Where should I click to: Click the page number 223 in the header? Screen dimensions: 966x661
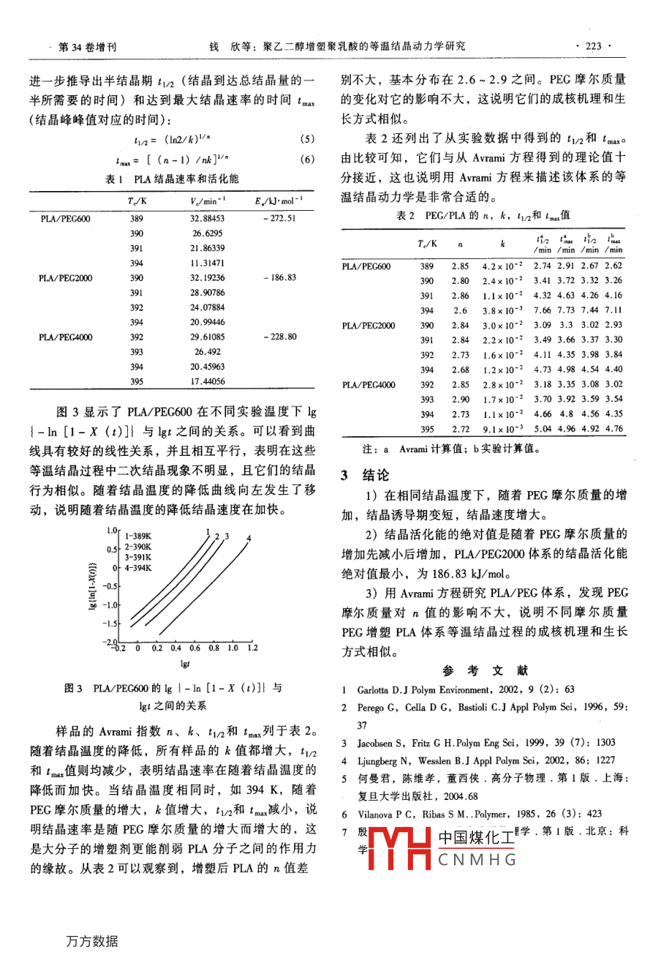point(593,46)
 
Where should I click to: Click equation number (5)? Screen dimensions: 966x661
point(307,139)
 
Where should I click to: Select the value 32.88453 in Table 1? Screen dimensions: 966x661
point(207,218)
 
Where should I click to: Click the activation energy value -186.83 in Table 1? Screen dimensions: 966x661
point(279,278)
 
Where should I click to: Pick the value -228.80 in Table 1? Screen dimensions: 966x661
point(279,337)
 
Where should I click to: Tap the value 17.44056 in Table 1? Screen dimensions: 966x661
point(207,381)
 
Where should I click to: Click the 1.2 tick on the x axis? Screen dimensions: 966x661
point(252,648)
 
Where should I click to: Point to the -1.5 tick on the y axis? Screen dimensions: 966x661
point(110,624)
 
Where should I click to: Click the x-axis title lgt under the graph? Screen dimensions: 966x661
point(185,664)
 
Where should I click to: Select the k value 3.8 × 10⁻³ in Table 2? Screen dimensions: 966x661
point(502,310)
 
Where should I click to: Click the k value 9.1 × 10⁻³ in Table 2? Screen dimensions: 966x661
point(502,429)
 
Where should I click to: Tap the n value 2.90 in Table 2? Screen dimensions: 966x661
point(460,399)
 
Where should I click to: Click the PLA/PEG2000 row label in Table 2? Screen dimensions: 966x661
point(368,326)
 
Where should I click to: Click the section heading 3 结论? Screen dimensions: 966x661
point(366,475)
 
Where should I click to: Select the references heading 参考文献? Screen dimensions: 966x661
point(485,670)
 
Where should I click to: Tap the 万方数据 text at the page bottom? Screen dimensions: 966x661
point(91,941)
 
